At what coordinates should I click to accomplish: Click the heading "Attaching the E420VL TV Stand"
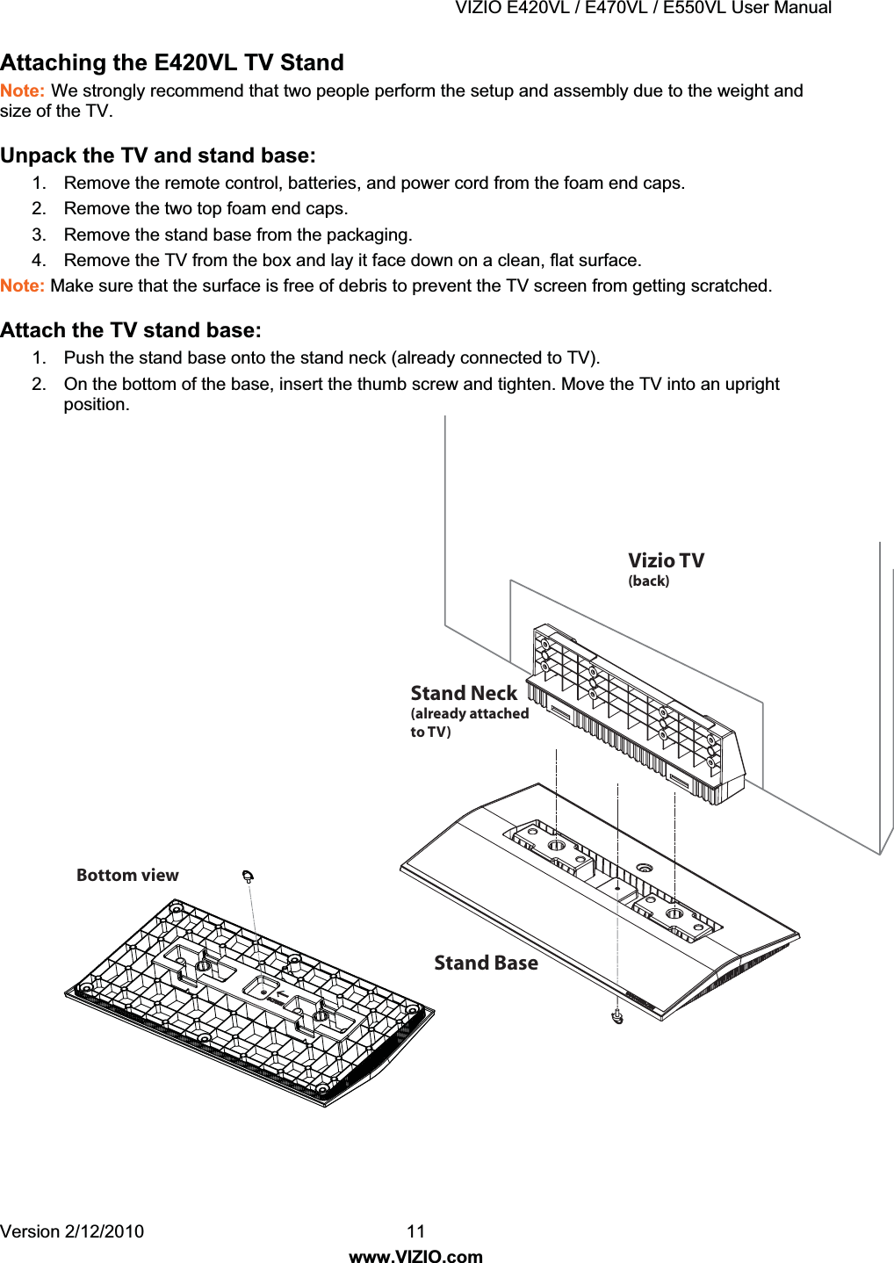(x=172, y=63)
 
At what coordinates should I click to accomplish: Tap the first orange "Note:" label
(x=22, y=91)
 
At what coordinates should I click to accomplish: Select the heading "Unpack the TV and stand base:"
(x=158, y=155)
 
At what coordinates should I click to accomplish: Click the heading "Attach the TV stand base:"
(x=131, y=330)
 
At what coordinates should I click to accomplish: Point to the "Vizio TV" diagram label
(x=666, y=560)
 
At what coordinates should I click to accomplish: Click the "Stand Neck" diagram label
(x=464, y=693)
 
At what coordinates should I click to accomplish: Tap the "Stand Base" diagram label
(x=486, y=963)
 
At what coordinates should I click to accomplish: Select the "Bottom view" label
(x=127, y=875)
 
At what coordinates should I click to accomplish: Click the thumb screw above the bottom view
(x=249, y=876)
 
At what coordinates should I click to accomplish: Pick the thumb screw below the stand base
(x=617, y=1017)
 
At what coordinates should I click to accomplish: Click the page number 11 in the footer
(x=416, y=1231)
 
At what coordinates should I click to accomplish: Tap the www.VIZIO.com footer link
(x=416, y=1256)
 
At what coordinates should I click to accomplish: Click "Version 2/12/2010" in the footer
(x=72, y=1231)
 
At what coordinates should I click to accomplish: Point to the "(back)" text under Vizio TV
(x=648, y=581)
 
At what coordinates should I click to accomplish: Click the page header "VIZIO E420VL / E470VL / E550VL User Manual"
(x=643, y=8)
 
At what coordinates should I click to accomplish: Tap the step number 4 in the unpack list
(x=38, y=260)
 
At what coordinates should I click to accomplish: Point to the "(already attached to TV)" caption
(x=469, y=722)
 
